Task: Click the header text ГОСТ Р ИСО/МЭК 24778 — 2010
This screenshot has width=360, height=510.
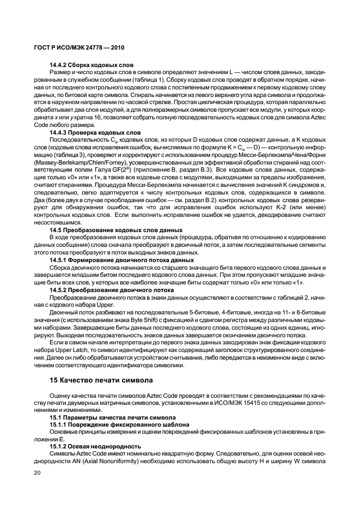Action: click(x=71, y=47)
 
